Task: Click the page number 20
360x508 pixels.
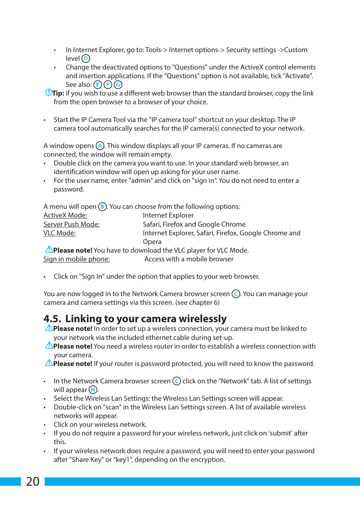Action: [33, 481]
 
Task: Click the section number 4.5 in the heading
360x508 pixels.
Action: [52, 319]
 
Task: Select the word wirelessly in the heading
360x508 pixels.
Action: [203, 319]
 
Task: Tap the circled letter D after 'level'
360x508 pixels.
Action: [86, 59]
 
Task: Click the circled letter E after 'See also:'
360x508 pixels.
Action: [98, 85]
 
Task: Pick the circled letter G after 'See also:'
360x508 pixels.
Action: [118, 85]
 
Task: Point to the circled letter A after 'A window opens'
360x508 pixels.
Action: [100, 146]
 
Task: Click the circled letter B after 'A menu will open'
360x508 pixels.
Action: [102, 207]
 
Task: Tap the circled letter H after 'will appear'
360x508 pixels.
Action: [93, 390]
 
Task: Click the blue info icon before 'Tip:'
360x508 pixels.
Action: [48, 93]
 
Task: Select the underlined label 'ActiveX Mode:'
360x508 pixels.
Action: [65, 215]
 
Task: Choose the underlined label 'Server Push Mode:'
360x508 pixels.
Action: [71, 224]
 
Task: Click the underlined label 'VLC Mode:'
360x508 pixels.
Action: [59, 233]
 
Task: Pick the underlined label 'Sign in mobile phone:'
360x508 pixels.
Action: [77, 259]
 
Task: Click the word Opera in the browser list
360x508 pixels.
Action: [152, 242]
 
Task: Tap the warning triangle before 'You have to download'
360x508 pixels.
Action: [49, 250]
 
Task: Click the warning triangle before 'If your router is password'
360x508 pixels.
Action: [49, 363]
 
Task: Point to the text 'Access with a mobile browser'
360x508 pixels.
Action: [189, 259]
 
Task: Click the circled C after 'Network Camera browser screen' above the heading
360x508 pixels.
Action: [236, 294]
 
